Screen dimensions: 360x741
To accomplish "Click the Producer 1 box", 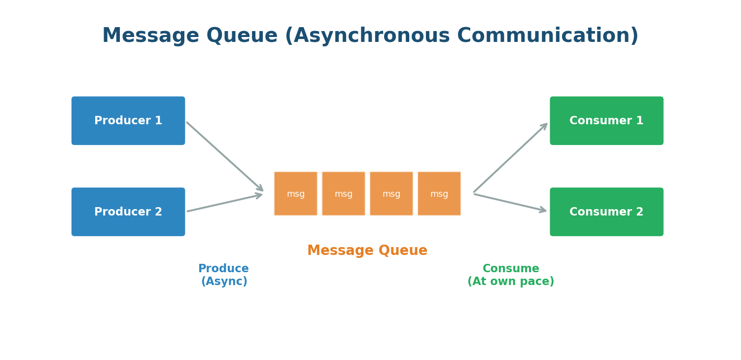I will [x=128, y=121].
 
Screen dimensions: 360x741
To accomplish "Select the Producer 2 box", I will [x=128, y=212].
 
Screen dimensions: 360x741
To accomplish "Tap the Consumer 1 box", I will [x=606, y=121].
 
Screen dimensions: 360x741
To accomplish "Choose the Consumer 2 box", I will [x=606, y=212].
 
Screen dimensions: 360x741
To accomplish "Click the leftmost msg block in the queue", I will [x=296, y=194].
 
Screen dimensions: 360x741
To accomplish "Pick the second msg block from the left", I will [x=344, y=194].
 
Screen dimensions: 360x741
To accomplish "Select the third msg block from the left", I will [x=391, y=194].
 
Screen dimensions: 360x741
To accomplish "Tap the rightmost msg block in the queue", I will [x=439, y=194].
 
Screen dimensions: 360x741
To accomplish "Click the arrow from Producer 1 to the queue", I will [x=225, y=156].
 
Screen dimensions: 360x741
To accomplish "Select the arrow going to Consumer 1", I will [x=510, y=158].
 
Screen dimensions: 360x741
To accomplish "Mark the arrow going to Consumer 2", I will [x=510, y=203].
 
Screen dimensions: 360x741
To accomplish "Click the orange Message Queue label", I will [x=367, y=251].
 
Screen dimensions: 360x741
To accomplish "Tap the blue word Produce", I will [x=223, y=269].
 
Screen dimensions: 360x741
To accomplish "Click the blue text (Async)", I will [x=224, y=282].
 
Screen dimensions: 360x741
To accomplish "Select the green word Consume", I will [x=511, y=269].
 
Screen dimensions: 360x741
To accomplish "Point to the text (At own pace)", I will [x=511, y=282].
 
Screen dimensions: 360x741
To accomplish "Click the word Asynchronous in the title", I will [x=367, y=36].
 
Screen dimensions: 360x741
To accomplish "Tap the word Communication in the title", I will [x=547, y=36].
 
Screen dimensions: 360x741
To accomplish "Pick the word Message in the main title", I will [x=150, y=36].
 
